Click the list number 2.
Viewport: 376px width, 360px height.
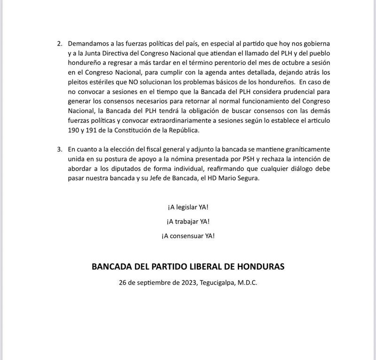tap(59, 44)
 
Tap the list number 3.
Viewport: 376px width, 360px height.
tap(59, 149)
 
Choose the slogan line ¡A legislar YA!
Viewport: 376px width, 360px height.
tap(188, 208)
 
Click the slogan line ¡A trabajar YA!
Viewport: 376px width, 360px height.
tap(188, 221)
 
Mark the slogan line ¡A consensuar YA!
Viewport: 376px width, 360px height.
tap(188, 235)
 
